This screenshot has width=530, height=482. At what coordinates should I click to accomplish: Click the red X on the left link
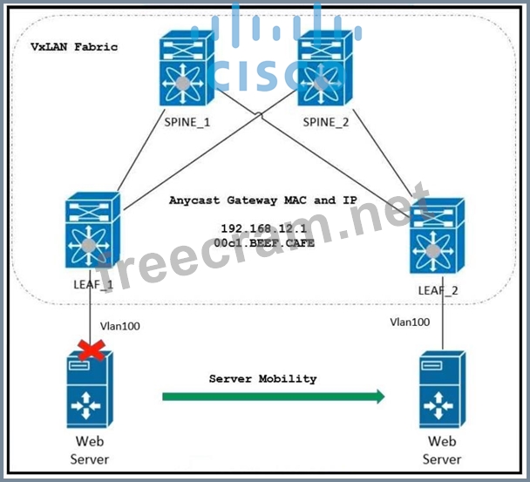tap(86, 350)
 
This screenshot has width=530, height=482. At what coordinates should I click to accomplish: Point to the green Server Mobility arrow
tap(273, 397)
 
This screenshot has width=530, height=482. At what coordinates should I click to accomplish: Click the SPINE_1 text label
tap(187, 123)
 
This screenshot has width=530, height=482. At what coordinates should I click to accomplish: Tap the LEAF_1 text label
tap(92, 285)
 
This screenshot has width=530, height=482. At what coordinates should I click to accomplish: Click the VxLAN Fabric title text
tap(74, 46)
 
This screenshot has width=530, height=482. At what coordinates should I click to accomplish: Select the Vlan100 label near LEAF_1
tap(119, 326)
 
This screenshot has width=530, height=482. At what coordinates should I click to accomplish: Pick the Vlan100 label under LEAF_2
tap(409, 322)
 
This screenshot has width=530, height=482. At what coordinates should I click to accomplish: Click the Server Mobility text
tap(262, 379)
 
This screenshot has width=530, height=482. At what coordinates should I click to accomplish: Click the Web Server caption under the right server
tap(442, 451)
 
